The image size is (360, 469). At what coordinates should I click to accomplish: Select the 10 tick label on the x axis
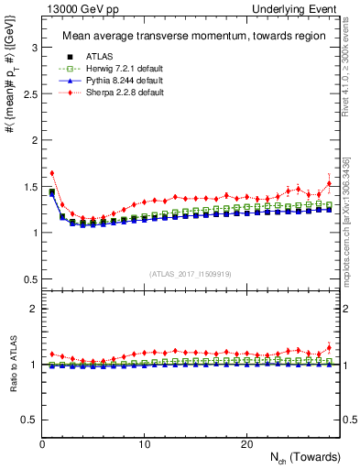click(145, 444)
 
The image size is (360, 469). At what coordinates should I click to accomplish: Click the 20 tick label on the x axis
click(246, 444)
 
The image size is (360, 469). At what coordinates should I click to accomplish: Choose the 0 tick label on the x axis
click(43, 444)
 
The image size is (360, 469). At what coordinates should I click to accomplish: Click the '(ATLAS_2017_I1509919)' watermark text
click(191, 273)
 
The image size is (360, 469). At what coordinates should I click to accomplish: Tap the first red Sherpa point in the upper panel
click(52, 172)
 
